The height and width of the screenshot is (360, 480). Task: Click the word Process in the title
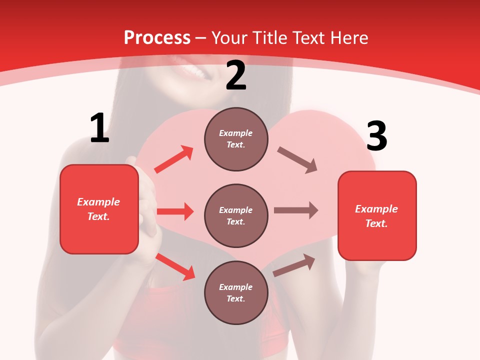pyautogui.click(x=157, y=38)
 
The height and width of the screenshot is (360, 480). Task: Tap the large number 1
pyautogui.click(x=99, y=128)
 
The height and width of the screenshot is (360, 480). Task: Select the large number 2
pyautogui.click(x=236, y=75)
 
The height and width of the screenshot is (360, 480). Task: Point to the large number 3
pyautogui.click(x=376, y=136)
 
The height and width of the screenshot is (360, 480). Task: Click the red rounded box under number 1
pyautogui.click(x=99, y=209)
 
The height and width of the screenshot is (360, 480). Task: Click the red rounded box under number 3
pyautogui.click(x=377, y=215)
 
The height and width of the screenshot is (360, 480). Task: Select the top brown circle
pyautogui.click(x=236, y=139)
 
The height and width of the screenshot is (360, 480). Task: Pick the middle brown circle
pyautogui.click(x=236, y=215)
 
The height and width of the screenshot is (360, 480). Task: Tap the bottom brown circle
pyautogui.click(x=236, y=292)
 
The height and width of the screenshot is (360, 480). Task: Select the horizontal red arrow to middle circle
pyautogui.click(x=175, y=211)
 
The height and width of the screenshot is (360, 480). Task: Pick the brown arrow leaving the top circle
pyautogui.click(x=297, y=160)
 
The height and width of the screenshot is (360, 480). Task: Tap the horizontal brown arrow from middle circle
pyautogui.click(x=296, y=210)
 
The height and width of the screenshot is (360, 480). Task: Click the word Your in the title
pyautogui.click(x=229, y=38)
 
